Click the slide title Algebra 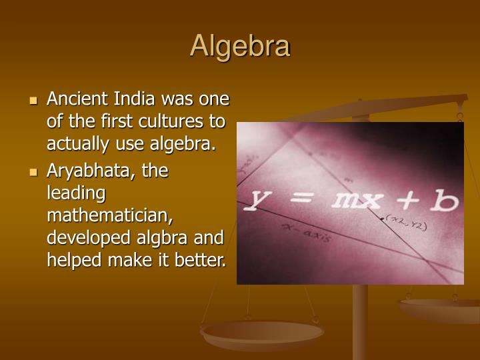tap(240, 46)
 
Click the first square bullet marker tap(34, 101)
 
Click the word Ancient tap(75, 99)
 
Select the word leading tap(76, 194)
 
